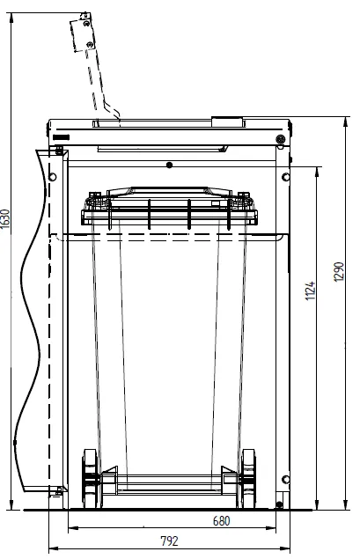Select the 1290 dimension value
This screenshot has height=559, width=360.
tap(339, 272)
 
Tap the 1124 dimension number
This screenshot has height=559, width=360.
tap(310, 291)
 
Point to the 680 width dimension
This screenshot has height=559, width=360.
tap(221, 521)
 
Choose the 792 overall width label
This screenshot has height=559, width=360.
tap(169, 541)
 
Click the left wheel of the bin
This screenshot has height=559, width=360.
tap(90, 478)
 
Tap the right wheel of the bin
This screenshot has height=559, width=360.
tap(247, 478)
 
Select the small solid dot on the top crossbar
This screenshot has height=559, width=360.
tap(169, 165)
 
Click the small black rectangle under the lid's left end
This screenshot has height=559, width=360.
tap(62, 137)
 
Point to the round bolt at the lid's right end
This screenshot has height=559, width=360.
tap(281, 139)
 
